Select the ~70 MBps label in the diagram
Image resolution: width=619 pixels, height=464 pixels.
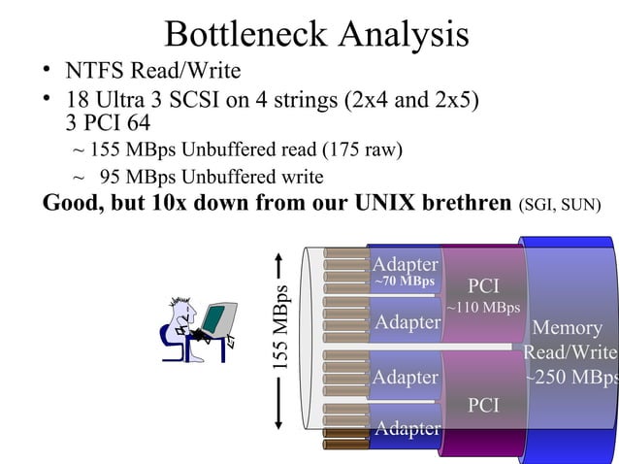[405, 282]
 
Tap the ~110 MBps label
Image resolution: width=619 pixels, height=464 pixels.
[483, 308]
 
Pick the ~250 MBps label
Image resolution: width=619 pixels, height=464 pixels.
[571, 377]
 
